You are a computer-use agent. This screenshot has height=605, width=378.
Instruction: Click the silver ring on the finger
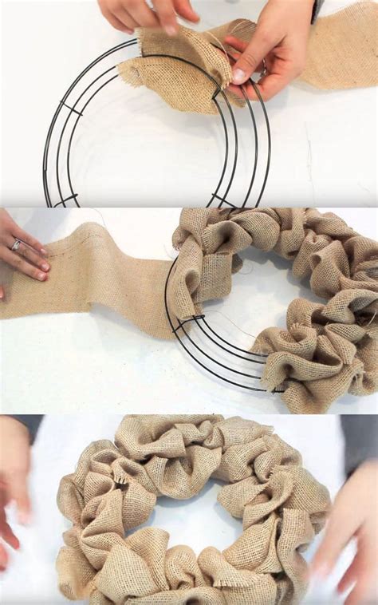click(16, 245)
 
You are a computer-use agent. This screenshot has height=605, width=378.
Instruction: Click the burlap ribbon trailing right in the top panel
click(339, 56)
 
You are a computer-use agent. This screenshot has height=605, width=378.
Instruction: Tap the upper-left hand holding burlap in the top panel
click(148, 14)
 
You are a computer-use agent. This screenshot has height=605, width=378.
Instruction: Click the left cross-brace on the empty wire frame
click(71, 108)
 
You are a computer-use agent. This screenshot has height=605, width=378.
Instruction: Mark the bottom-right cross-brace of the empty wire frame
click(223, 200)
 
